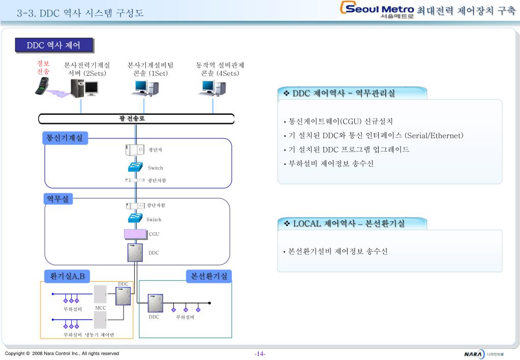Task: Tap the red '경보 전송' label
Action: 43,68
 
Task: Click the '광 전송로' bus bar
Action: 136,119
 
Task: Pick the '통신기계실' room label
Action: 65,137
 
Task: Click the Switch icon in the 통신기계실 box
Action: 135,167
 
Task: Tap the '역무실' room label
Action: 58,199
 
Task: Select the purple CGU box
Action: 135,234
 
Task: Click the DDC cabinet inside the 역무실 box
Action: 135,252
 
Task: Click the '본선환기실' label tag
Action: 209,276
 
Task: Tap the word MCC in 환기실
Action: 101,308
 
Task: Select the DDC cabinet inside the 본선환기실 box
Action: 155,303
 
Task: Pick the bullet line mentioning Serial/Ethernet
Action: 376,136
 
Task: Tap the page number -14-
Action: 260,353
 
